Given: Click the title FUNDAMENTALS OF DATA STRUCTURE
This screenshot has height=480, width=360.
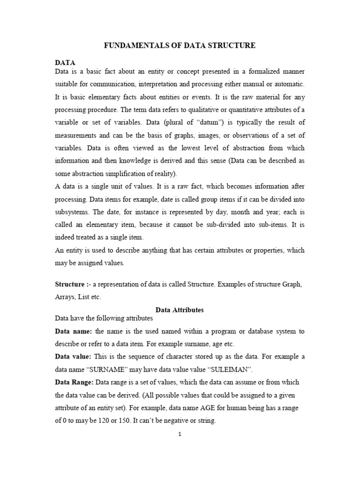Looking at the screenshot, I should (x=179, y=45).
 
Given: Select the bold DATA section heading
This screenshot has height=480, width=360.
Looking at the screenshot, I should (x=65, y=62).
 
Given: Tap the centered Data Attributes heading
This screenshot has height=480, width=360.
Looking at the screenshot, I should (x=179, y=310).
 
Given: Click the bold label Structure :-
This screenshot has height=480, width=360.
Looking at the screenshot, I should (x=71, y=285).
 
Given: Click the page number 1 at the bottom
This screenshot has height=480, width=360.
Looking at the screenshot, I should (x=180, y=434).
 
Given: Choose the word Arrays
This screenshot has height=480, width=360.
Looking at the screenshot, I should (x=65, y=297).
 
